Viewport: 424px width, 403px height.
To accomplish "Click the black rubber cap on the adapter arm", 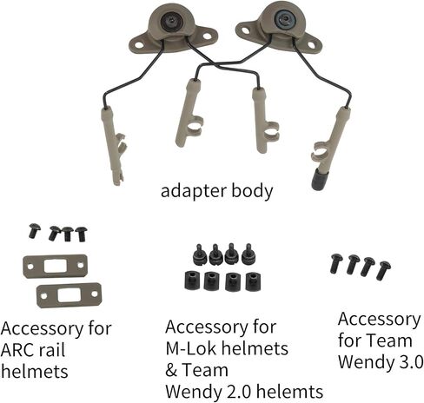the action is tap(320, 180).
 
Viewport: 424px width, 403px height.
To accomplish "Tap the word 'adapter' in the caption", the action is tap(193, 192).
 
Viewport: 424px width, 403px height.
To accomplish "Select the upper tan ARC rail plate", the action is tap(55, 266).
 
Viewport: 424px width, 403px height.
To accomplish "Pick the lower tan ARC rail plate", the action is tap(69, 295).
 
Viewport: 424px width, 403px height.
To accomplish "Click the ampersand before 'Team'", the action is tap(171, 370).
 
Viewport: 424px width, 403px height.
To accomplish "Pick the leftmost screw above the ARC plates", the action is tap(34, 231).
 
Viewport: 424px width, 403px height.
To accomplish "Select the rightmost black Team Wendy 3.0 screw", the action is tap(383, 270).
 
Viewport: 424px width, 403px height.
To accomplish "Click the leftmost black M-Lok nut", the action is tap(191, 281).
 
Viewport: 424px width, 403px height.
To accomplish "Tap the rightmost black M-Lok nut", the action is tap(254, 281).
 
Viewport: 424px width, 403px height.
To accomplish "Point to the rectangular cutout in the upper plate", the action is tap(56, 266).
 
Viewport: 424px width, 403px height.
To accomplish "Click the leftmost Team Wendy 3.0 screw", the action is tap(336, 263).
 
